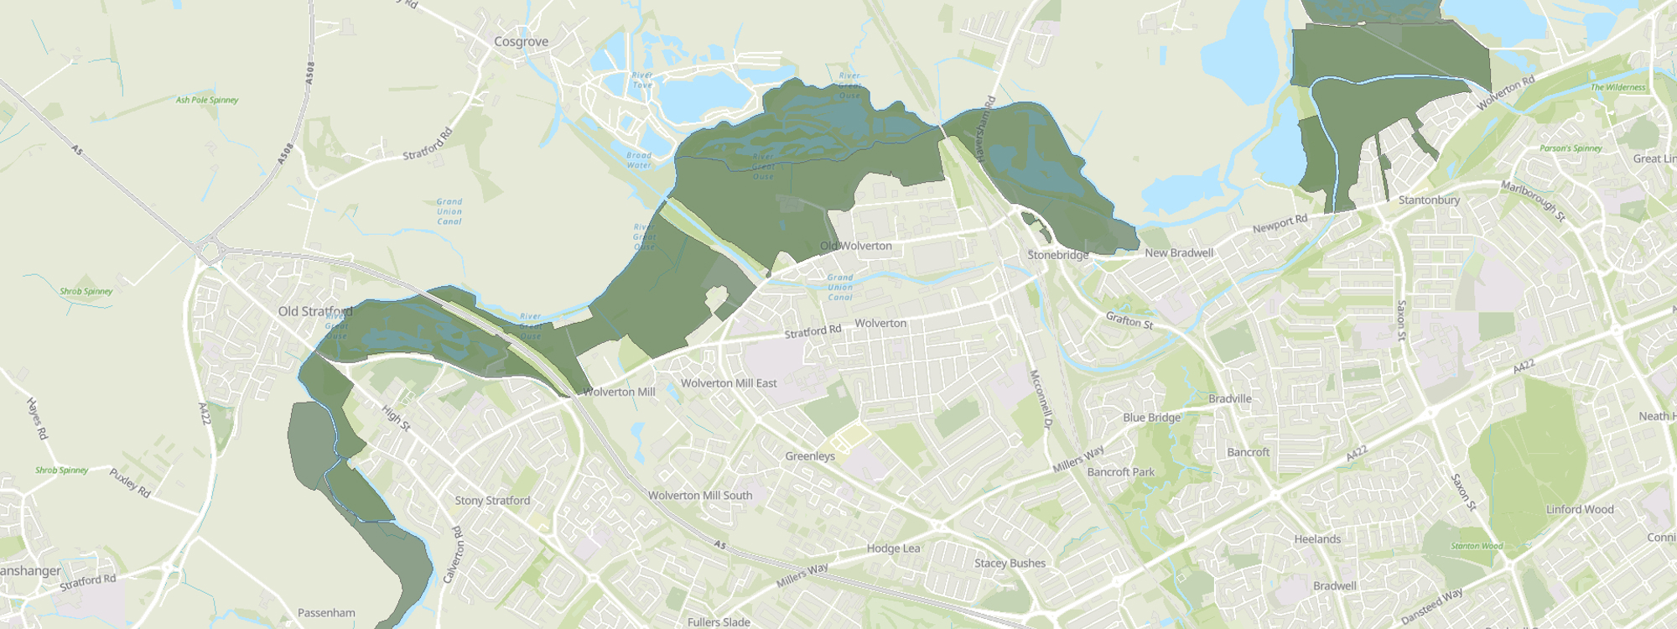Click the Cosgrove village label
[521, 42]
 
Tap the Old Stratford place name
[314, 311]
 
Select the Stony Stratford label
[492, 501]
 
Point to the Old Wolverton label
[855, 246]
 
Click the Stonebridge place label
[1057, 255]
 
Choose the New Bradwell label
[1179, 252]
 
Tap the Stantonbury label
[1429, 200]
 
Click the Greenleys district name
[810, 456]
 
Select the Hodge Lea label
[893, 548]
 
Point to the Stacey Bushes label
[1010, 564]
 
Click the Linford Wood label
[1580, 509]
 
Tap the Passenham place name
[326, 613]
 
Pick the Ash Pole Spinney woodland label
[207, 100]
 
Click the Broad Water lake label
[639, 160]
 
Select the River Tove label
[642, 81]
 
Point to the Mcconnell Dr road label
[1040, 399]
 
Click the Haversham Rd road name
[984, 128]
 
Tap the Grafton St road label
[1129, 320]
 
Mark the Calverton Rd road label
[457, 554]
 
